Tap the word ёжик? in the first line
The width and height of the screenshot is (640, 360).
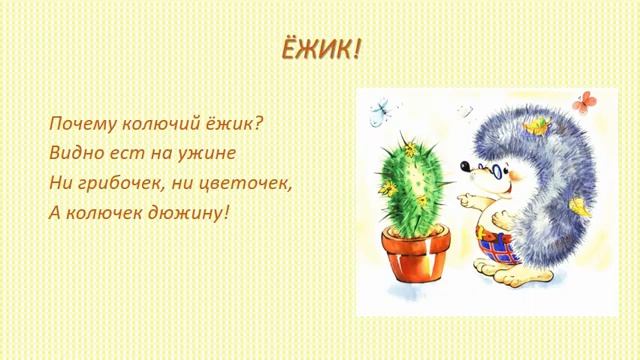click(238, 125)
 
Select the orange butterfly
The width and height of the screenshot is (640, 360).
click(583, 99)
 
